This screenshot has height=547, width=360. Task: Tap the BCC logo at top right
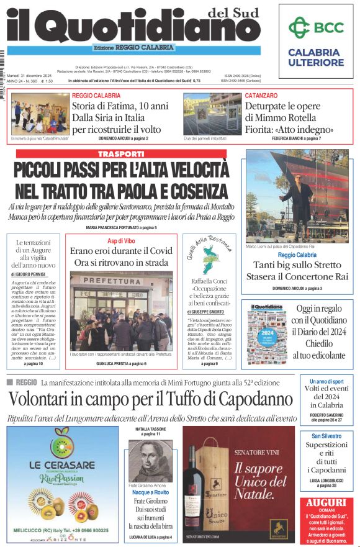pyautogui.click(x=316, y=27)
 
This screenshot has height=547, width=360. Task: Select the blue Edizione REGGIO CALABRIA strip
pyautogui.click(x=133, y=48)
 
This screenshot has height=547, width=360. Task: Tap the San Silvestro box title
pyautogui.click(x=326, y=436)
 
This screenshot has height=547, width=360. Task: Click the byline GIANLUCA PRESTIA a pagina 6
pyautogui.click(x=120, y=363)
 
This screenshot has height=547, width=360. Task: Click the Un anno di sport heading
pyautogui.click(x=326, y=382)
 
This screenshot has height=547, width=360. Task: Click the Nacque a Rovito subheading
pyautogui.click(x=151, y=492)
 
